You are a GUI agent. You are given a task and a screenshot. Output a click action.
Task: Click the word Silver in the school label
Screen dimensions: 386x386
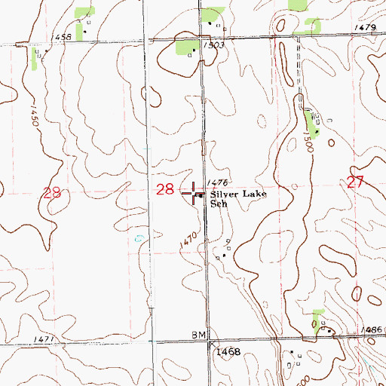[225, 194]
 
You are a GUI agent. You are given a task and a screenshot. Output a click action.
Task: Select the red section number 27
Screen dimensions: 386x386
[357, 181]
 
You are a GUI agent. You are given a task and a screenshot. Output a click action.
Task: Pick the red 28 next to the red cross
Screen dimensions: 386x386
[166, 189]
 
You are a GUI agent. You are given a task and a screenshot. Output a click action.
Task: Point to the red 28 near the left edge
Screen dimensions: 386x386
[52, 194]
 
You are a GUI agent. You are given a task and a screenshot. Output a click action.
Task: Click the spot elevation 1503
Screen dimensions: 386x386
[213, 45]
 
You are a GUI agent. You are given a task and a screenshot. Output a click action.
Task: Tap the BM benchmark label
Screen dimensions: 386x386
[198, 333]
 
